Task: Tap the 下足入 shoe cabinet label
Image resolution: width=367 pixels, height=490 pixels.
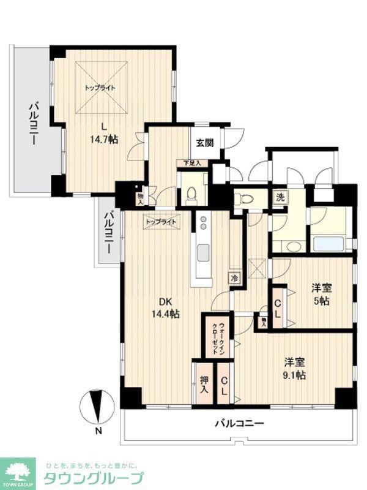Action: (191, 164)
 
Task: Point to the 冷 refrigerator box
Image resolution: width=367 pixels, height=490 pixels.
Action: (234, 277)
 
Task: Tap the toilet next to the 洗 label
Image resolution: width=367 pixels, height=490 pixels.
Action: (247, 198)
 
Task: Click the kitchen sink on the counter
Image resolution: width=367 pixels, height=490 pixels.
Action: (202, 252)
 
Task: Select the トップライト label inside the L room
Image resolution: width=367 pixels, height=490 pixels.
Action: (100, 88)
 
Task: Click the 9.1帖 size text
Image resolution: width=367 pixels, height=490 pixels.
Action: (294, 375)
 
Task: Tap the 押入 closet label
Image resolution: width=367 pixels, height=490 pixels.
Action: (203, 382)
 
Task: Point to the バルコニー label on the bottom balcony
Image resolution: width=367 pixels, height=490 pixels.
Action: (239, 424)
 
